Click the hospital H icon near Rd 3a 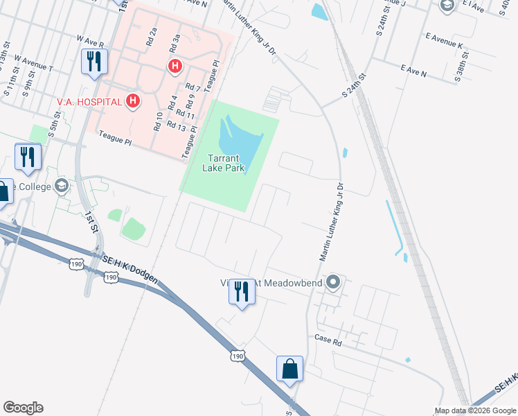point(175,66)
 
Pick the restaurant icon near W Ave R point(93,62)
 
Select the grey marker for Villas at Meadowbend point(333,282)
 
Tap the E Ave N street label point(413,71)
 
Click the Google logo point(23,408)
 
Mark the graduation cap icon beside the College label point(62,186)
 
